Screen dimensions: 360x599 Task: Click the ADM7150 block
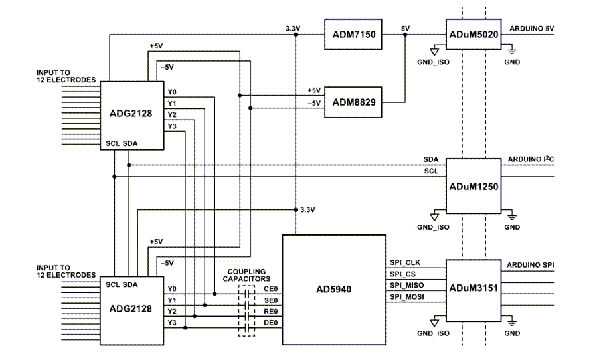tap(351, 35)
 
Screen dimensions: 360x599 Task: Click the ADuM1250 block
tap(472, 187)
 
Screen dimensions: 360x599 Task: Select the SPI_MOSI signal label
tap(407, 296)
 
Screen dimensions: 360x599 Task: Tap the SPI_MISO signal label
tap(407, 285)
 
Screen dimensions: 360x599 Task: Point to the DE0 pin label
tap(270, 323)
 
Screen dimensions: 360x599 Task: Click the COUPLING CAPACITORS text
tap(246, 275)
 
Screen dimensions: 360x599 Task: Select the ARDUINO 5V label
tap(531, 29)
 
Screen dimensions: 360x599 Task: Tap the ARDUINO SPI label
tap(531, 265)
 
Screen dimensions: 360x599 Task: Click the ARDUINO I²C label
tap(531, 159)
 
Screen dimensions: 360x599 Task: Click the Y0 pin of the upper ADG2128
tap(172, 92)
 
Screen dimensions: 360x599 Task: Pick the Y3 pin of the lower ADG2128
tap(172, 323)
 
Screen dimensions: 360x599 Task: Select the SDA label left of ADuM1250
tap(430, 161)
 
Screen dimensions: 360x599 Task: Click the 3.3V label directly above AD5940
tap(307, 209)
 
